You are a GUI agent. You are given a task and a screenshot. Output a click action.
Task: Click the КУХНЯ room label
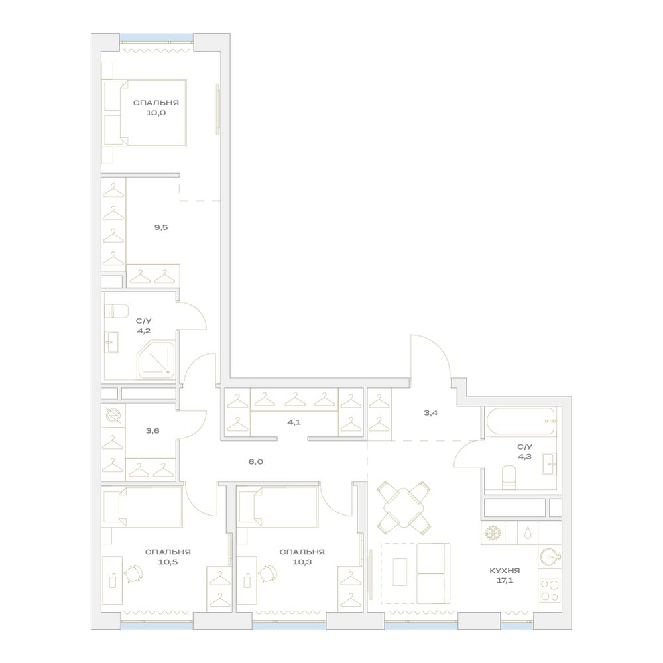pos(505,570)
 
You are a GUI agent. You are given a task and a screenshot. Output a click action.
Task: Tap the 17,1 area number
pos(505,581)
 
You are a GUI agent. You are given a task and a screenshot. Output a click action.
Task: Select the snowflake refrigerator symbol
pos(492,533)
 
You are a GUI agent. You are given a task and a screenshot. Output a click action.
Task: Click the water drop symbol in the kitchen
pos(527,533)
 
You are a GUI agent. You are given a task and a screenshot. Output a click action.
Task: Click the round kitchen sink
pos(549,557)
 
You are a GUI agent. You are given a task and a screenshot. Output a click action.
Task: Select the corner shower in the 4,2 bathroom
pos(156,359)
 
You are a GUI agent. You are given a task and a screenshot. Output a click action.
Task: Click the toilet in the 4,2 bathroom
pos(116,311)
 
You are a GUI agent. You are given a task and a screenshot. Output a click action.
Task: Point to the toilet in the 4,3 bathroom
pos(509,477)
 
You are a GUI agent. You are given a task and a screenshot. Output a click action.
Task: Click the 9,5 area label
pos(161,227)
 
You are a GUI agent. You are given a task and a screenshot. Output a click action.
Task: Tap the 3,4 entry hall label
pos(431,412)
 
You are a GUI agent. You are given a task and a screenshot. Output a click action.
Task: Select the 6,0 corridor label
pos(256,461)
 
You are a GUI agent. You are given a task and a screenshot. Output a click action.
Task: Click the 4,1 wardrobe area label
pos(294,422)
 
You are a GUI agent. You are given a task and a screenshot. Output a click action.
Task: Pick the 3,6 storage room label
pos(152,431)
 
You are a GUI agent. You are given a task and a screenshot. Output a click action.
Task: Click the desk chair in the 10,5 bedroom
pos(133,573)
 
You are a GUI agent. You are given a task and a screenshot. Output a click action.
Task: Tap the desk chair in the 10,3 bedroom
pos(268,573)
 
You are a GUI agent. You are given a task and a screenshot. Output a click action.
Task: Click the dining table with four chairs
pos(404,507)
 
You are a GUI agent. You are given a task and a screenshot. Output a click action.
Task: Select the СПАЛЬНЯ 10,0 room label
pos(156,108)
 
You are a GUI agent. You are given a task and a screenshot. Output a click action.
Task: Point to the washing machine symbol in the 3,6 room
pos(113,415)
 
